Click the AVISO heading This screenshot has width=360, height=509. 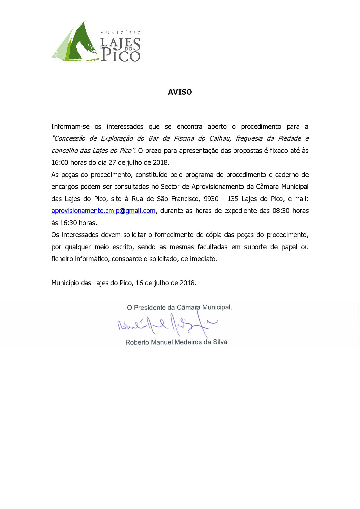click(180, 92)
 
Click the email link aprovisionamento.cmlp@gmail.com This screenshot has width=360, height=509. click(103, 211)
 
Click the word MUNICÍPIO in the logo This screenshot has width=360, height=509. click(120, 33)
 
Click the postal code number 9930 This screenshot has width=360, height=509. click(211, 199)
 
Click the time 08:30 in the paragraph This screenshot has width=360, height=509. click(281, 211)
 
